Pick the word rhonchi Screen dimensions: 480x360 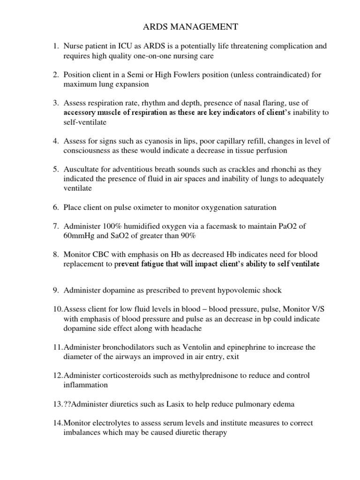(277, 169)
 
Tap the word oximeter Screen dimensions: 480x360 (144, 207)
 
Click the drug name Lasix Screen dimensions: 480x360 (167, 404)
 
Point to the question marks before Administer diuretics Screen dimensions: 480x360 (67, 404)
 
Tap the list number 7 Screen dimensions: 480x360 (55, 226)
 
